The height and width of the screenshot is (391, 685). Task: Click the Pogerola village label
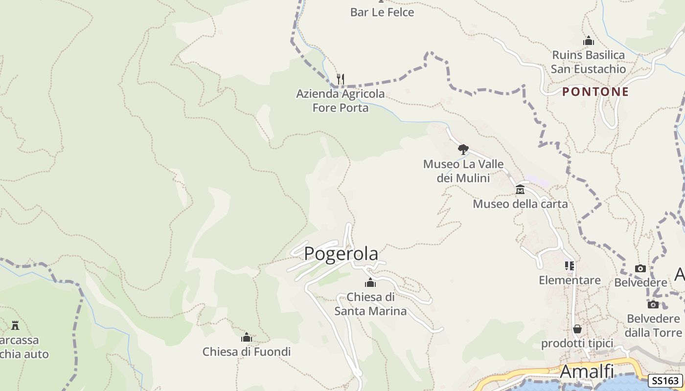coord(341,254)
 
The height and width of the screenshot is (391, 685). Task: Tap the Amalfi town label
coord(587,371)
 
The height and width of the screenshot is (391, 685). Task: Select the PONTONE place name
coord(595,91)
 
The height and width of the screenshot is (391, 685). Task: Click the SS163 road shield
coord(666,381)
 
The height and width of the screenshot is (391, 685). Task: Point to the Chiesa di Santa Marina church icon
coord(370,282)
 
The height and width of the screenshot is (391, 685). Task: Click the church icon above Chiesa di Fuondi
coord(247,337)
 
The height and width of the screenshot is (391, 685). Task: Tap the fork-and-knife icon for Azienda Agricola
coord(341,79)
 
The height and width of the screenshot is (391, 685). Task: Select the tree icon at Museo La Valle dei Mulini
coord(463,150)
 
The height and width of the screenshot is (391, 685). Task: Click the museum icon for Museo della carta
coord(520,189)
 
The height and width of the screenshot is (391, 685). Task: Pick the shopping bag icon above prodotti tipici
coord(577,329)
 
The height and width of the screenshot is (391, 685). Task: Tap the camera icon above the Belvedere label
coord(640,268)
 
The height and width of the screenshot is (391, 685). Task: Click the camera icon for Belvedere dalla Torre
coord(653,305)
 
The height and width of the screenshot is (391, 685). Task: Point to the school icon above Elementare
coord(570,266)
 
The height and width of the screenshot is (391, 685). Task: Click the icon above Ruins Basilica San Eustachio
coord(589,41)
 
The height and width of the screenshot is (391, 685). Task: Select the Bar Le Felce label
coord(382,12)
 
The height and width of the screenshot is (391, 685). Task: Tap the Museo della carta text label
coord(520,204)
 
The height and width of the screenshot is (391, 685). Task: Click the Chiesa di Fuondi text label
coord(247,351)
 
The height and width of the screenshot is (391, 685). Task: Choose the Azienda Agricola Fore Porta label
coord(341,100)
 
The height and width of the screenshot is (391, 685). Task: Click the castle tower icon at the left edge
coord(15,325)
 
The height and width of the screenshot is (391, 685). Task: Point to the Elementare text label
coord(570,280)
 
